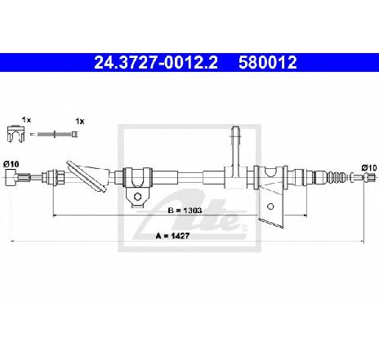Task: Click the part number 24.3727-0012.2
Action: coord(156,63)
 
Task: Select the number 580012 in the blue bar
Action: coord(268,63)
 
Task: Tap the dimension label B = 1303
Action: coord(185,211)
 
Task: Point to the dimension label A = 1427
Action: coord(172,236)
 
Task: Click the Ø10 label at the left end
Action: coord(11,164)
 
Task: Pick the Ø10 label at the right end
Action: coord(369,168)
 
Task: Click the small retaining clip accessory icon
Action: coord(16,134)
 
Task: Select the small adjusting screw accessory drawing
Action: coord(54,134)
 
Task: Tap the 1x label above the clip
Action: coord(26,120)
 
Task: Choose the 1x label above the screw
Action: coord(80,122)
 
